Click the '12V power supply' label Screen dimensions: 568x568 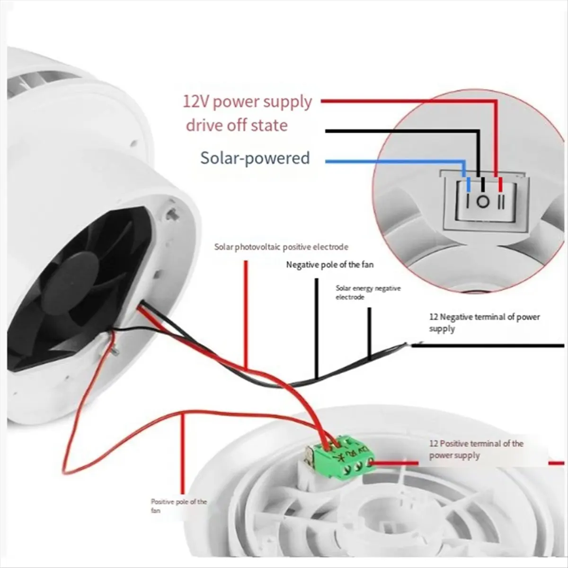[247, 102]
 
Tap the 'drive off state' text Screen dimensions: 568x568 [237, 125]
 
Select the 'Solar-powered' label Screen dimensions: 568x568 [255, 158]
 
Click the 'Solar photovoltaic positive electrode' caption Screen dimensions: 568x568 [281, 247]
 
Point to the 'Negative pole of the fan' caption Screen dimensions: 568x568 [330, 265]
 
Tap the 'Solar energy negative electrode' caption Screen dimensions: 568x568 [368, 293]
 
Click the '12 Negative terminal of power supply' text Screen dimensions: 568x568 [484, 322]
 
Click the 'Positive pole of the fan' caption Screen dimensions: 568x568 [179, 506]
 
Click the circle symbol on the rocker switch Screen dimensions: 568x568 [482, 202]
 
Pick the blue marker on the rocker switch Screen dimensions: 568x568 [468, 185]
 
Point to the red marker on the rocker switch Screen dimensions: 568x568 [500, 185]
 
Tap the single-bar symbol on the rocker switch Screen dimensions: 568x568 [468, 203]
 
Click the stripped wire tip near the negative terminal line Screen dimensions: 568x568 [414, 344]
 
